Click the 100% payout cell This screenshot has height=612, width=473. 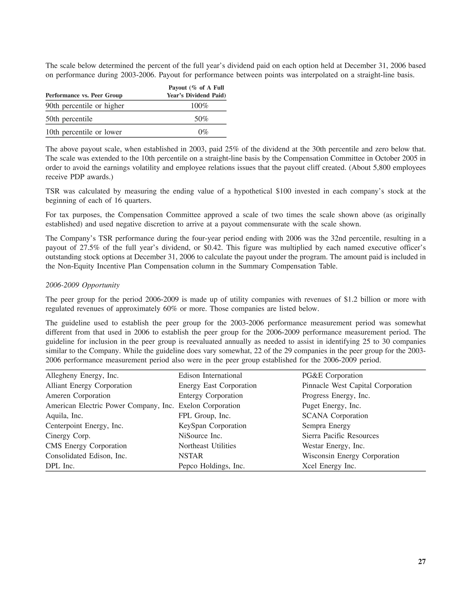[199, 106]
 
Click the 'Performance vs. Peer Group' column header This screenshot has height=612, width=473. [84, 96]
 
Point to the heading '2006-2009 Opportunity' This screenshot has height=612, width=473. [82, 285]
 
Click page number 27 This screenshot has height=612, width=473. [422, 562]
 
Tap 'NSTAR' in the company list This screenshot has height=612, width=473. [191, 456]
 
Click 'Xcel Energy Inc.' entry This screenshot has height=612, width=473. [329, 466]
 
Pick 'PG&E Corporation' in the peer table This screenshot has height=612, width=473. [332, 376]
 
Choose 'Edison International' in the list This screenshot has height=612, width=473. [210, 376]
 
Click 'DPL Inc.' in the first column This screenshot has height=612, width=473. [60, 466]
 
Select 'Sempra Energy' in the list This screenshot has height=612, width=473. [326, 426]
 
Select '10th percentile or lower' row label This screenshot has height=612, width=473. [84, 132]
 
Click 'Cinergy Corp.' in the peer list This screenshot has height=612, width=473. [68, 436]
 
